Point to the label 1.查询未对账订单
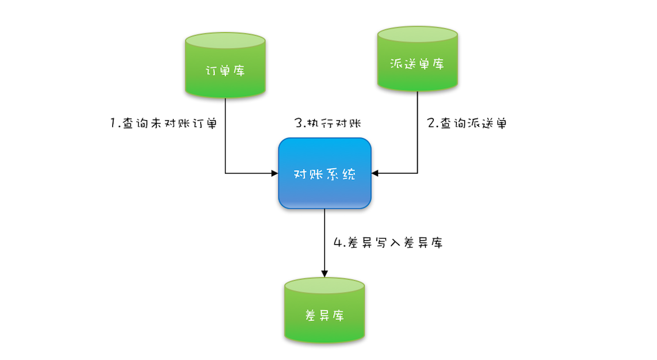163,123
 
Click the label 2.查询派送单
467,123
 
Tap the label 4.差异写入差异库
388,243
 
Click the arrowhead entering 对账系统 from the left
274,173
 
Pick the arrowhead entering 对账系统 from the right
376,173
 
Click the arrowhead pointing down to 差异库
324,273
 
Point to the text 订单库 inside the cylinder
225,71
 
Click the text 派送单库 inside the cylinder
418,63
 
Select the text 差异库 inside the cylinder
324,316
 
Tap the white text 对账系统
324,174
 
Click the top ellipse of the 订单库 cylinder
225,41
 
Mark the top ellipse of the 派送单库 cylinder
418,34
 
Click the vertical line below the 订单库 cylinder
225,135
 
